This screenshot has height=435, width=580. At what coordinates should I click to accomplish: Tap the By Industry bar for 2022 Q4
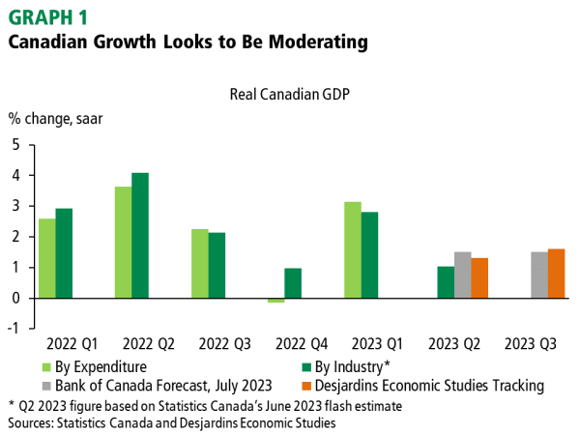[x=293, y=283]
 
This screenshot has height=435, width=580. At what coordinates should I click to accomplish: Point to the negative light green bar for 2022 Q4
[x=276, y=301]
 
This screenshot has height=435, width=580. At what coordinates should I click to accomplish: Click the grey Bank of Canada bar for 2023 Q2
[x=463, y=275]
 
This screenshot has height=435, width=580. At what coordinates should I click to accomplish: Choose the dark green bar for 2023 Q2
[x=446, y=282]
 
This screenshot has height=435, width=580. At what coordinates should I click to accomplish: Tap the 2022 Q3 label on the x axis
[x=223, y=344]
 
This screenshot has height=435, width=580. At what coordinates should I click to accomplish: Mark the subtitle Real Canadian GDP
[x=288, y=95]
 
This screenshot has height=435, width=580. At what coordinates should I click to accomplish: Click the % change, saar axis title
[x=55, y=120]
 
